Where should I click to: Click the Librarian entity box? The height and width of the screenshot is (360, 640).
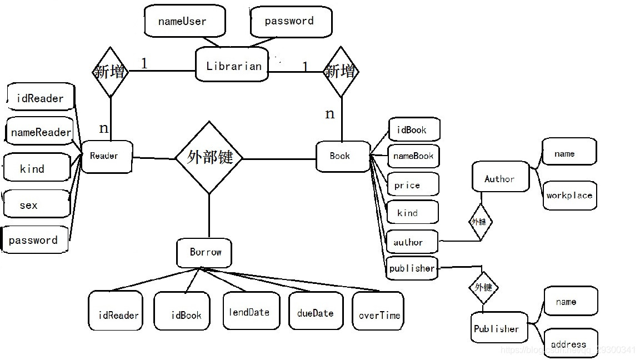[232, 65]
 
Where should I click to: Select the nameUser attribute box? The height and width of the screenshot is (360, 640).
[184, 22]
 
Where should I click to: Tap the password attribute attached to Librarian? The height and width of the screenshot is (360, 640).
[291, 22]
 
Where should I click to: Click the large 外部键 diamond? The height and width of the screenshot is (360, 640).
[209, 158]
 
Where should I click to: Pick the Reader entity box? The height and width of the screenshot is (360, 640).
[106, 156]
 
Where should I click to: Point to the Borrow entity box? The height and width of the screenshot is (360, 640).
[204, 253]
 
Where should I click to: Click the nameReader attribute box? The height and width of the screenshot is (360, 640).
[41, 132]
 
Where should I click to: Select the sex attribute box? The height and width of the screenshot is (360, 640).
[36, 205]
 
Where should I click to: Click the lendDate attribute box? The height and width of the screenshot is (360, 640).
[251, 311]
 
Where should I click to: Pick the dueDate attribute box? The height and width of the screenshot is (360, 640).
[315, 312]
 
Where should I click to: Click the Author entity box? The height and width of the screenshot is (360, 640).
[500, 178]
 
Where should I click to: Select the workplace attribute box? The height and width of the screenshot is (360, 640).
[569, 195]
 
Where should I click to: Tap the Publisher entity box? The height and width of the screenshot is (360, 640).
[498, 329]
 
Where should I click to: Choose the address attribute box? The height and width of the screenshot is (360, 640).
[570, 343]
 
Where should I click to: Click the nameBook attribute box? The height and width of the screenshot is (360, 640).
[413, 156]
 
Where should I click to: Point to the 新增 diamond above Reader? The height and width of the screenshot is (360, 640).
[110, 72]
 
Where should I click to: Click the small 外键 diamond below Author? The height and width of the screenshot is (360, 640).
[479, 222]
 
